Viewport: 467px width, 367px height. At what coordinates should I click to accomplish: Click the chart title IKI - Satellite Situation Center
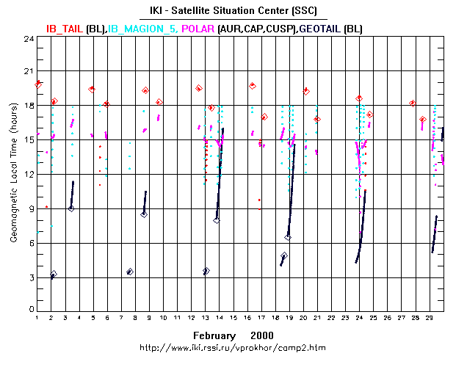[233, 10]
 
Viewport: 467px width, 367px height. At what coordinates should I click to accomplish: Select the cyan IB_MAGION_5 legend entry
[143, 29]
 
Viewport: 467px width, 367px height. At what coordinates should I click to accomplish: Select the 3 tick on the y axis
[28, 278]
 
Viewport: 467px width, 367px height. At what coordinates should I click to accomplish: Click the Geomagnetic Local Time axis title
[14, 175]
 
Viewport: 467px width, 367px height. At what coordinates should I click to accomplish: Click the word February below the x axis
[214, 335]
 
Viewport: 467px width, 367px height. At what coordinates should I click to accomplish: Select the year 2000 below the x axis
[262, 335]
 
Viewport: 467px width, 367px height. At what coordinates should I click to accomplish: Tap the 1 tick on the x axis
[37, 318]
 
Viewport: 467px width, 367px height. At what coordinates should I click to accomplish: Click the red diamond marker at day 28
[413, 103]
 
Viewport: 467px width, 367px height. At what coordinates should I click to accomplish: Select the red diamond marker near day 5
[93, 89]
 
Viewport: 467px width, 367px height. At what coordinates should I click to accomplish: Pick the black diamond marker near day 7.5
[130, 272]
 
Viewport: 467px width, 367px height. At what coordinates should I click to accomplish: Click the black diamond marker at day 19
[288, 237]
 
